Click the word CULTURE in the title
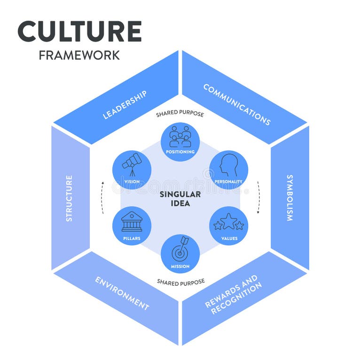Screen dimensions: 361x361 (79, 31)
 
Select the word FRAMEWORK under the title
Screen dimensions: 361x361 (79, 55)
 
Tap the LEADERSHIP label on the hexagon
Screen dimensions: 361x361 (125, 105)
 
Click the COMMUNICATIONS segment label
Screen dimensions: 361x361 (237, 104)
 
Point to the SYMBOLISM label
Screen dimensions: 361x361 (290, 198)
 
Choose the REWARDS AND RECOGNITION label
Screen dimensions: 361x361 (232, 295)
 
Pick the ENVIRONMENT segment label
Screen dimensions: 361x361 (122, 293)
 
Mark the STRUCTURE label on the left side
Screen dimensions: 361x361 (69, 198)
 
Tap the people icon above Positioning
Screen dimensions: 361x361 (180, 136)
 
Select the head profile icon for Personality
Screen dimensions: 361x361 (229, 165)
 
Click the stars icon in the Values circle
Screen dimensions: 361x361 (228, 222)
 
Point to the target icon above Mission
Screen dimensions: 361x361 (180, 249)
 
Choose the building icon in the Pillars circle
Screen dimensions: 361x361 (132, 221)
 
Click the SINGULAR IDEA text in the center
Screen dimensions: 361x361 (180, 198)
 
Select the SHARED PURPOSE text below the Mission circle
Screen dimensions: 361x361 (181, 282)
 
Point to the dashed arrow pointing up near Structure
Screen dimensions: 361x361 (102, 197)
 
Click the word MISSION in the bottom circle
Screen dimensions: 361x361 (180, 267)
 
